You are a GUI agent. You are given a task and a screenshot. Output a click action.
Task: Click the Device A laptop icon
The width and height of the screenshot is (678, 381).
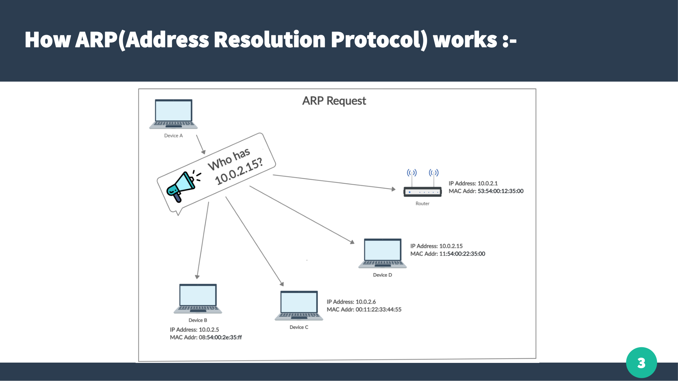click(173, 114)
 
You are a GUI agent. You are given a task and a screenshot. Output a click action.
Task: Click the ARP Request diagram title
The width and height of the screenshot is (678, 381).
click(334, 101)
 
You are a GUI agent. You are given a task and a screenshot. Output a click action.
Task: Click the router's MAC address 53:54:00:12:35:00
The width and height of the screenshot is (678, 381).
click(500, 191)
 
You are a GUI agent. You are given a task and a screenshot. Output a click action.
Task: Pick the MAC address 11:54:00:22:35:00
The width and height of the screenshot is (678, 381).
click(462, 254)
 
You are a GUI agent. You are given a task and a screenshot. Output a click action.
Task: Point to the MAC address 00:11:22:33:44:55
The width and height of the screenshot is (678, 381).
click(378, 309)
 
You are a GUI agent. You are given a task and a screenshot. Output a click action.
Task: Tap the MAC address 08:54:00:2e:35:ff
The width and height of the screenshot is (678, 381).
click(220, 337)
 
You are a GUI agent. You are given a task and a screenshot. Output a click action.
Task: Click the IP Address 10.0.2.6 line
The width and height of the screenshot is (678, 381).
click(351, 302)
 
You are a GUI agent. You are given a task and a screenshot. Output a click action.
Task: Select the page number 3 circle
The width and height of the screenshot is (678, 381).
click(641, 363)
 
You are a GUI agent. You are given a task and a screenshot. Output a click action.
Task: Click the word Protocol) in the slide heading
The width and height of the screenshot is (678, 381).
click(379, 40)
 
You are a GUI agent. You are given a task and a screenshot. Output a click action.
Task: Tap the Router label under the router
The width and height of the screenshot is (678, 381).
click(422, 204)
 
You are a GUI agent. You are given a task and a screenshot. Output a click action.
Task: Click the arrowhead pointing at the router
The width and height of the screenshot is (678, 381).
click(393, 189)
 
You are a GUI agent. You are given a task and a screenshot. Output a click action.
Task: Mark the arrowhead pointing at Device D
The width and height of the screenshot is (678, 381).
click(352, 242)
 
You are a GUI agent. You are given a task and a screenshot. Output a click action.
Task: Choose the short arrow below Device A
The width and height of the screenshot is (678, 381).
click(200, 144)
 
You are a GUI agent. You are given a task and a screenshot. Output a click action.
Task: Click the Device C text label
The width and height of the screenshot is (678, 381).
click(299, 327)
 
